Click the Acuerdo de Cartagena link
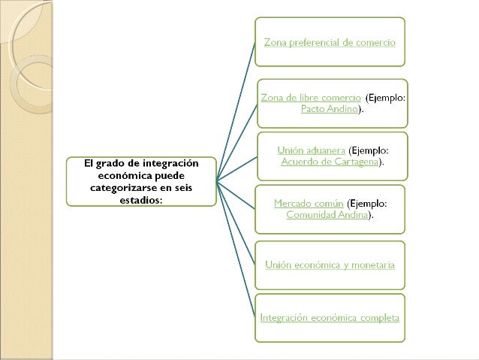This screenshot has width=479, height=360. [330, 162]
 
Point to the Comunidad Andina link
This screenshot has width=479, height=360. [329, 214]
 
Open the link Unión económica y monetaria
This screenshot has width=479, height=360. [330, 265]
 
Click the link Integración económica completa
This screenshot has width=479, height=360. [330, 317]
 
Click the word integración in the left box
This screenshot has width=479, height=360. [168, 162]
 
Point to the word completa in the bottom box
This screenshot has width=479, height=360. [380, 317]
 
